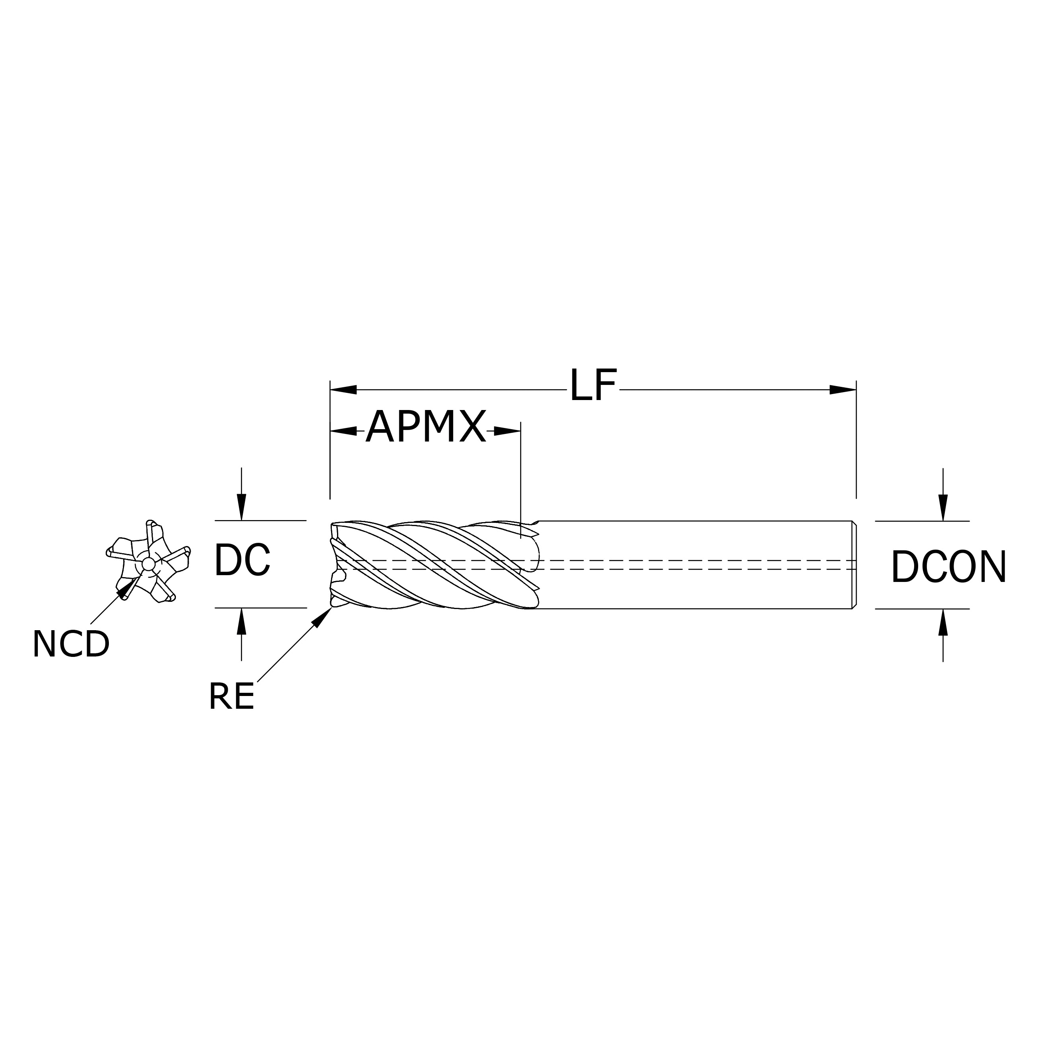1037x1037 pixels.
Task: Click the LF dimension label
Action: coord(593,385)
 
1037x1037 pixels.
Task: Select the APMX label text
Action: coord(426,427)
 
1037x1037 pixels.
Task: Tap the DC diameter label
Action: coord(242,560)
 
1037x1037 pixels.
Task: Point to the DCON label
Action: coord(948,567)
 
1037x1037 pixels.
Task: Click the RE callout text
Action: coord(231,697)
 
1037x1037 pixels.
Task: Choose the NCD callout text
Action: coord(71,644)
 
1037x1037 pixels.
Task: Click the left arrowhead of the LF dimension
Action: coord(343,390)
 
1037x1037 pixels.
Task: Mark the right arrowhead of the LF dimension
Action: coord(843,390)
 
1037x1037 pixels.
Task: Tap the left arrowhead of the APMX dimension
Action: coord(344,430)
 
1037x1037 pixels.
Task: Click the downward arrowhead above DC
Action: coord(242,507)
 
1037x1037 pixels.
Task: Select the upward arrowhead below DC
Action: coord(242,621)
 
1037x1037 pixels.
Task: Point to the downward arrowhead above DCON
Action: coord(943,507)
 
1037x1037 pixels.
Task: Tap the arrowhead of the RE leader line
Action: coord(322,617)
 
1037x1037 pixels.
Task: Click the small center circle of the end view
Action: coord(148,565)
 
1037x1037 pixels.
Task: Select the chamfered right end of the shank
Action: coord(854,565)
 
